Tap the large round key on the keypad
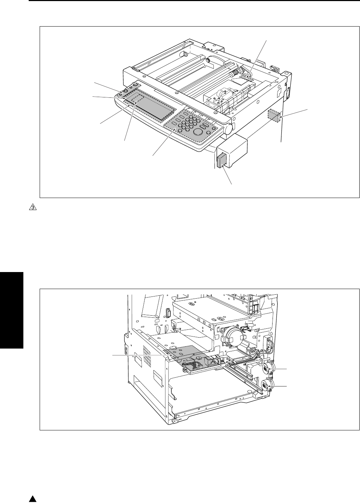(x=198, y=131)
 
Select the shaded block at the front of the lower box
(x=221, y=160)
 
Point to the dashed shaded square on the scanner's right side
(x=274, y=115)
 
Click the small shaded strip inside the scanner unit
(x=246, y=78)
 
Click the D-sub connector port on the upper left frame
(x=168, y=313)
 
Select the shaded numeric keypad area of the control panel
(x=191, y=127)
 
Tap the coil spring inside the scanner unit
(x=235, y=73)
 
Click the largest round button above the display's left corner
(x=135, y=85)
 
